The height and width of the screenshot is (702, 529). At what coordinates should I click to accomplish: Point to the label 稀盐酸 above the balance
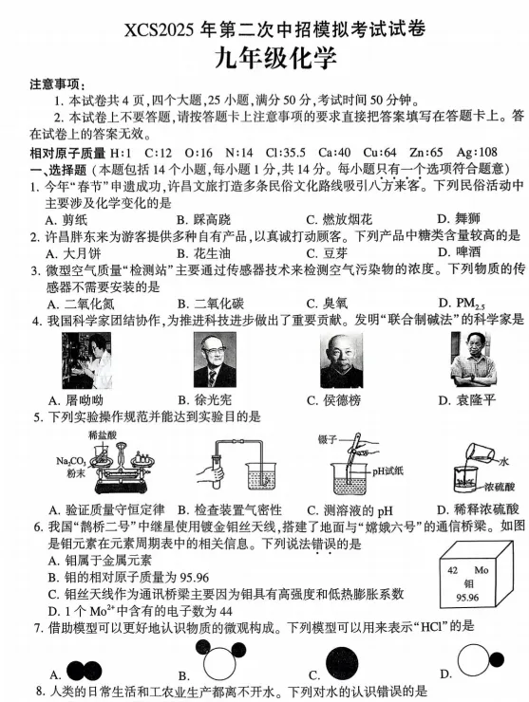tap(103, 434)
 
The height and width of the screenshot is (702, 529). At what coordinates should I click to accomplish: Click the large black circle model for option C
tap(342, 666)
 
